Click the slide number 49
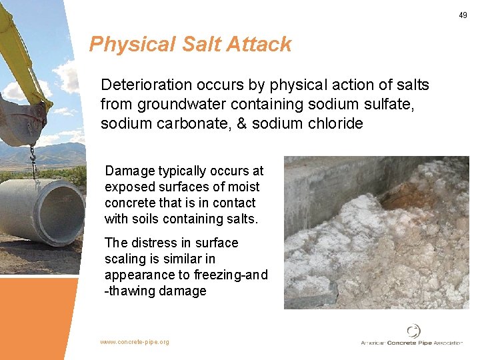pos(463,15)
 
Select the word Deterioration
pos(143,85)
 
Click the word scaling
pos(126,259)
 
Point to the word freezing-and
pos(231,275)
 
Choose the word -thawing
pos(131,291)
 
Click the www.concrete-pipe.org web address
pos(135,342)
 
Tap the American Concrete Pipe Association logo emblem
pos(413,331)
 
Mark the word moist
pos(244,187)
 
